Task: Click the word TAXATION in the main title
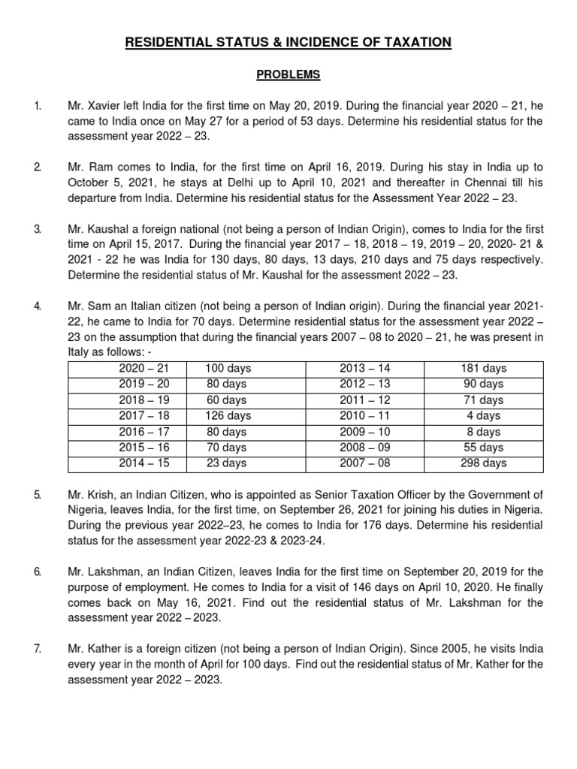(410, 43)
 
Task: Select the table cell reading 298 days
(484, 463)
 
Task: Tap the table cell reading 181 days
(484, 368)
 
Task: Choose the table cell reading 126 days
(228, 415)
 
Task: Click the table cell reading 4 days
(484, 415)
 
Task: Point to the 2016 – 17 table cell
(144, 432)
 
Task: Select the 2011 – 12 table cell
(364, 400)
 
